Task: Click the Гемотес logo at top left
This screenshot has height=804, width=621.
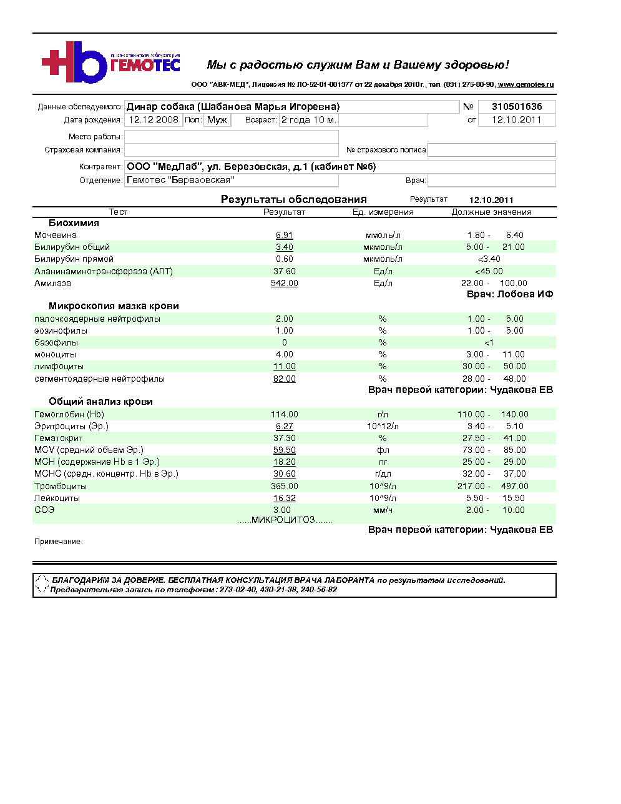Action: (x=110, y=62)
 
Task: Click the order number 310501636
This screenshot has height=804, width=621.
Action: (x=517, y=107)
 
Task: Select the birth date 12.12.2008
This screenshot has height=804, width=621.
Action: (x=154, y=120)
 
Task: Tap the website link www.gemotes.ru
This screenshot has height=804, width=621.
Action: (x=526, y=84)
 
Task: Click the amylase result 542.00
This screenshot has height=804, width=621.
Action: (x=285, y=284)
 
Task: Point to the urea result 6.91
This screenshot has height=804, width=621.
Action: (x=285, y=236)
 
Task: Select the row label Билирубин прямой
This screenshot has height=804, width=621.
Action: (x=74, y=259)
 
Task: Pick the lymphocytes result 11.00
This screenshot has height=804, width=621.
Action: (x=285, y=367)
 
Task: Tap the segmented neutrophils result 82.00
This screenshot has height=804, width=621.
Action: (x=285, y=379)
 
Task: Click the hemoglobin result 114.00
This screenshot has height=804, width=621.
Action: (x=285, y=415)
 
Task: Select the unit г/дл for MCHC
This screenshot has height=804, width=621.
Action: (x=383, y=474)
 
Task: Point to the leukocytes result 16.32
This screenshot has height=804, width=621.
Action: (x=285, y=499)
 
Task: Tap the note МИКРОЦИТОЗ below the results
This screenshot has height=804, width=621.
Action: (x=285, y=520)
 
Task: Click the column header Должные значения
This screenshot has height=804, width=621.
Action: (x=492, y=212)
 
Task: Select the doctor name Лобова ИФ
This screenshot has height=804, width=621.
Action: (x=525, y=294)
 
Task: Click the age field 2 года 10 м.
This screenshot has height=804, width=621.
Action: (x=308, y=120)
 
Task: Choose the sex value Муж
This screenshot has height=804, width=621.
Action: (x=217, y=120)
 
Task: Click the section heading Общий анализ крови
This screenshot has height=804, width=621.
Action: (x=100, y=402)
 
